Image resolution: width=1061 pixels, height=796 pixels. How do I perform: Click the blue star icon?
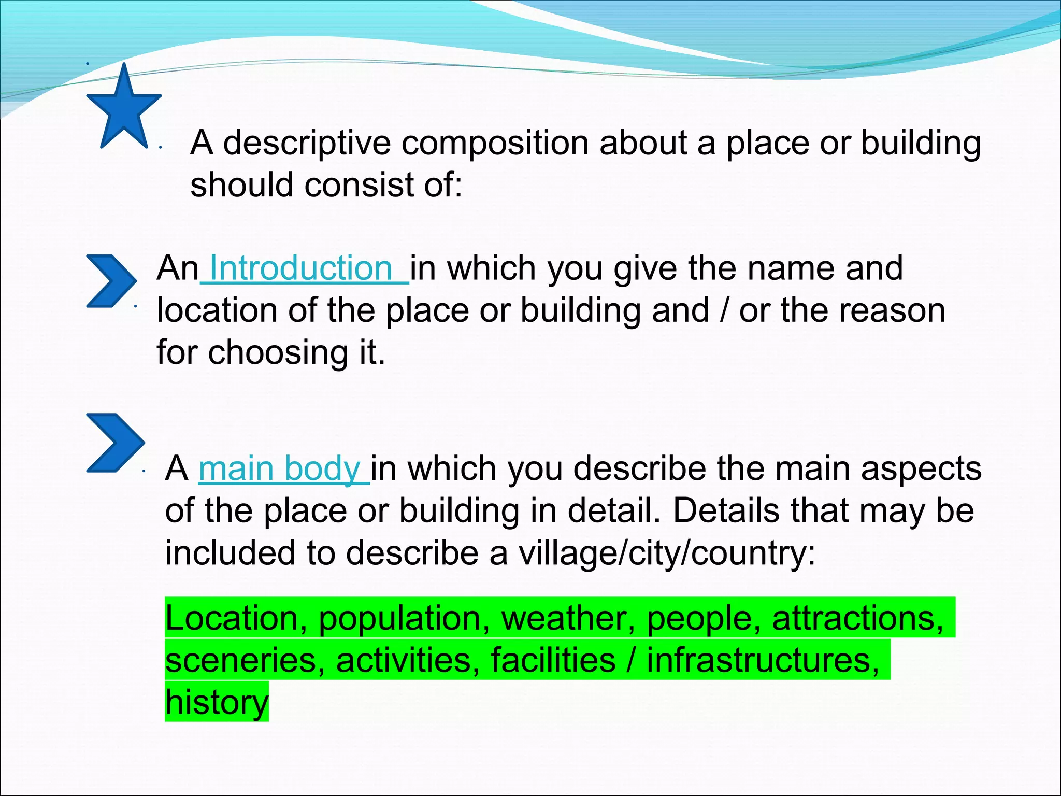[123, 108]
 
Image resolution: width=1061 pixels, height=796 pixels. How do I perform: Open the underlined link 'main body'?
[280, 468]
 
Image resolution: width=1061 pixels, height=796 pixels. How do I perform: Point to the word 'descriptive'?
[307, 143]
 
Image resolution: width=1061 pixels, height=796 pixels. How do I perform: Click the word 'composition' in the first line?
[495, 143]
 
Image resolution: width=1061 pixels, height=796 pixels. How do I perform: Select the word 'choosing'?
[278, 352]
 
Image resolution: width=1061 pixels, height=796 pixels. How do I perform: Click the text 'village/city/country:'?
[667, 553]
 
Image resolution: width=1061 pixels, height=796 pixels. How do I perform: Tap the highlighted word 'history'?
[217, 702]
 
